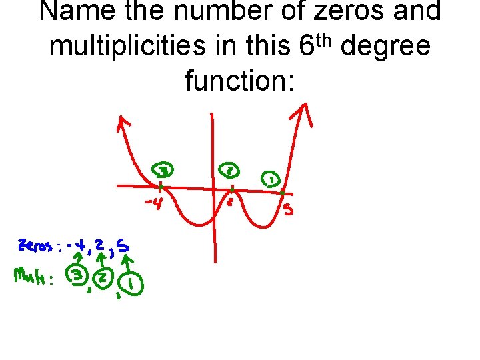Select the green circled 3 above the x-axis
click(x=162, y=171)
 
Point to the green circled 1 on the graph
click(x=271, y=179)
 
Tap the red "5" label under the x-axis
click(x=288, y=211)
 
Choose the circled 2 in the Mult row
click(x=103, y=277)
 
